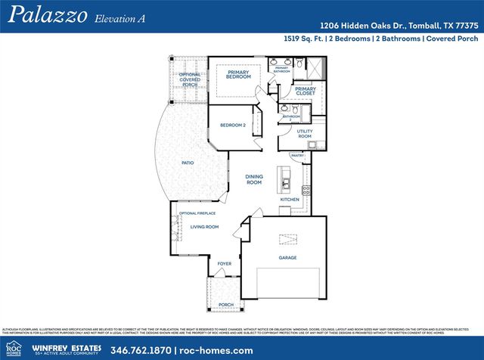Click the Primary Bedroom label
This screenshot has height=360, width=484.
coord(238,74)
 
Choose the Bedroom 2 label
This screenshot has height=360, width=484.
coord(232,125)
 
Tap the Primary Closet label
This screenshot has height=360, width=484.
coord(306,91)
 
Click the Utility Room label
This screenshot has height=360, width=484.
coord(304,133)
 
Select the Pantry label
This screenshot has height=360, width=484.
coord(297,155)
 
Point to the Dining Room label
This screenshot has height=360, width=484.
coord(254,180)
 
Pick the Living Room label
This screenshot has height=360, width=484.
coord(203,227)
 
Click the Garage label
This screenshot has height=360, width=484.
coord(287,258)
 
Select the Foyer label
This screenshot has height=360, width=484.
coord(225,264)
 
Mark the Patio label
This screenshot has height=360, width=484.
coord(188,162)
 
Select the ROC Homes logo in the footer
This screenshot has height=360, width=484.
coord(14,347)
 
